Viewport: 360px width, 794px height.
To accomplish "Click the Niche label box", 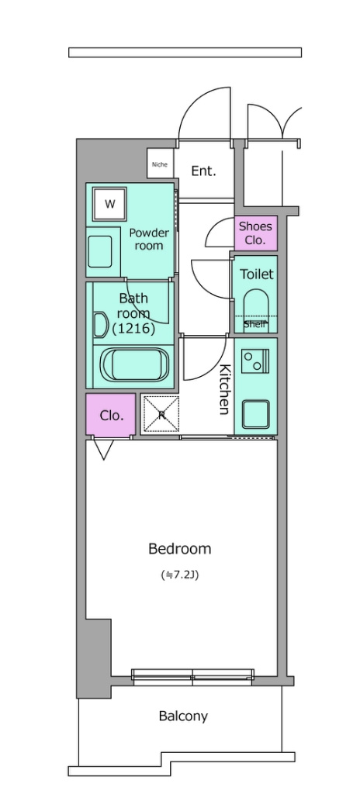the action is pos(161,164).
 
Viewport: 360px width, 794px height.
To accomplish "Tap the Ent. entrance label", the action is pos(203,171).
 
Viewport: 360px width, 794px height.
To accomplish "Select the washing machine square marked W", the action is pos(109,204).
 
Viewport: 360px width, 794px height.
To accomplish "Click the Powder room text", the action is pos(148,239).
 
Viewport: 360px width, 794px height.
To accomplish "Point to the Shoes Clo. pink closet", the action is pos(255,233).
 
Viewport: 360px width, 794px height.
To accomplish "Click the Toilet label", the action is pos(256,274).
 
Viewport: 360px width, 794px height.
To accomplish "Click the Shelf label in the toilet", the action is pos(254,325).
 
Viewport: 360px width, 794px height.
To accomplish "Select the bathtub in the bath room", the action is pos(134,364).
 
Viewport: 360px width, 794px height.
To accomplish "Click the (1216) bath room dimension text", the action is pos(133,329).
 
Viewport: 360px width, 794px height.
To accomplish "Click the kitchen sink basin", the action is pos(255,414).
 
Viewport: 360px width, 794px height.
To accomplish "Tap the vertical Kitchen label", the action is pos(224,389).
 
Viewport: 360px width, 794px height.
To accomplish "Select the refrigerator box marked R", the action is pos(161,414).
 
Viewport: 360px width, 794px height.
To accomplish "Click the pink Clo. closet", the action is pos(111,416).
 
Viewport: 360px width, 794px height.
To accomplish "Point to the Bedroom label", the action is pos(179,548).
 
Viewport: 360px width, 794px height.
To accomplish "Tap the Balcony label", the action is pos(183,716).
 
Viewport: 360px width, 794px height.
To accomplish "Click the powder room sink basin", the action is pos(99,251).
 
